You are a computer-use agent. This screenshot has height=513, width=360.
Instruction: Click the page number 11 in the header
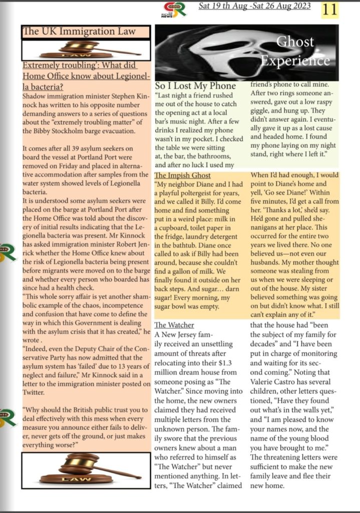tap(329, 9)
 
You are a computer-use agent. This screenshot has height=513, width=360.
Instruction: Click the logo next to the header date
tap(177, 9)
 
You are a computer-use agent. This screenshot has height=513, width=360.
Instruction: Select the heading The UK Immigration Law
tap(80, 32)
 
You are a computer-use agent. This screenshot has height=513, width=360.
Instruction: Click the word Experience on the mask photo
tap(294, 61)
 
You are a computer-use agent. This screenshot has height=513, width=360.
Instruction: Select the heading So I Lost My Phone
tap(195, 86)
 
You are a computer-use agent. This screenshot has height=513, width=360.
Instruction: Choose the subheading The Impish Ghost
tap(182, 175)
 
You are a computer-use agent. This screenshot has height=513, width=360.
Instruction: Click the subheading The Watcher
tap(174, 325)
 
